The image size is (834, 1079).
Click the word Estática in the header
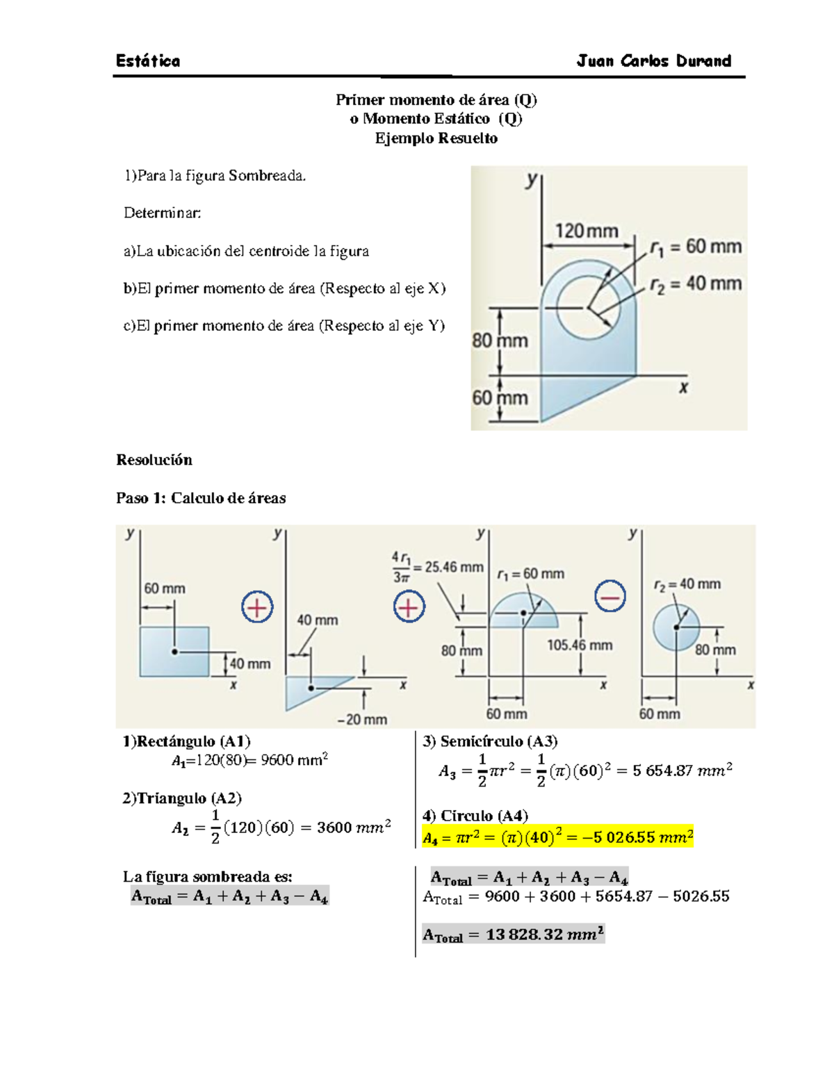point(147,61)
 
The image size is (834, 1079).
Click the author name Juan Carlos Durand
point(653,61)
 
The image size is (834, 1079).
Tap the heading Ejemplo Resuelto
point(436,138)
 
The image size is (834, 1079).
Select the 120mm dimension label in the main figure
point(586,231)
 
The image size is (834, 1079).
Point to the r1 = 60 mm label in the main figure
point(696,247)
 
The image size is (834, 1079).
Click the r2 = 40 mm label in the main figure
point(696,284)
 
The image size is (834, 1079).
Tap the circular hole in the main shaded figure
point(588,306)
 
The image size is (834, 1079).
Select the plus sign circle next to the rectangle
point(257,608)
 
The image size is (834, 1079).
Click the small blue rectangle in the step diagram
point(174,651)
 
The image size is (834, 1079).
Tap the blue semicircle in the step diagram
point(523,612)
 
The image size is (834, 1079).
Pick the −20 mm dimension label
point(362,719)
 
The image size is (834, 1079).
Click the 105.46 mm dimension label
point(580,645)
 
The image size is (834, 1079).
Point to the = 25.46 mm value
point(448,567)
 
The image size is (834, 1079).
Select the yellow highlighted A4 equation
point(557,837)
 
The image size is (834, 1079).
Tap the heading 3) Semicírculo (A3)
point(490,741)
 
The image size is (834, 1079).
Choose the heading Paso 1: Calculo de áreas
point(201,498)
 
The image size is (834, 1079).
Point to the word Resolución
point(154,460)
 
